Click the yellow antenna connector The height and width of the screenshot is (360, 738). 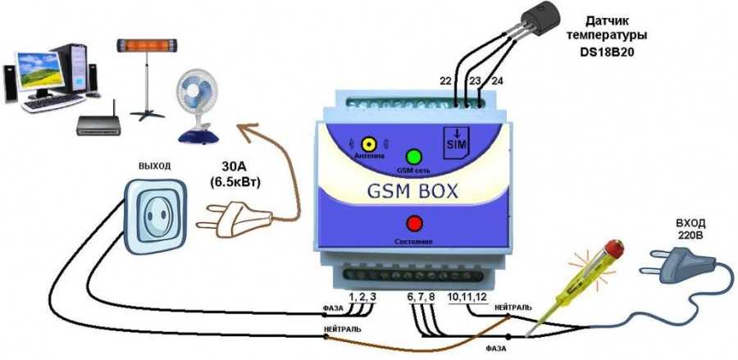(368, 144)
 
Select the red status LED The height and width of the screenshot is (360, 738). (414, 223)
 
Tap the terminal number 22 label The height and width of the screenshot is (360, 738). (445, 80)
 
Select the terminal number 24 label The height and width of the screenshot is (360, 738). (497, 80)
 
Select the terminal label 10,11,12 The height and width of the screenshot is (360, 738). (467, 295)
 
